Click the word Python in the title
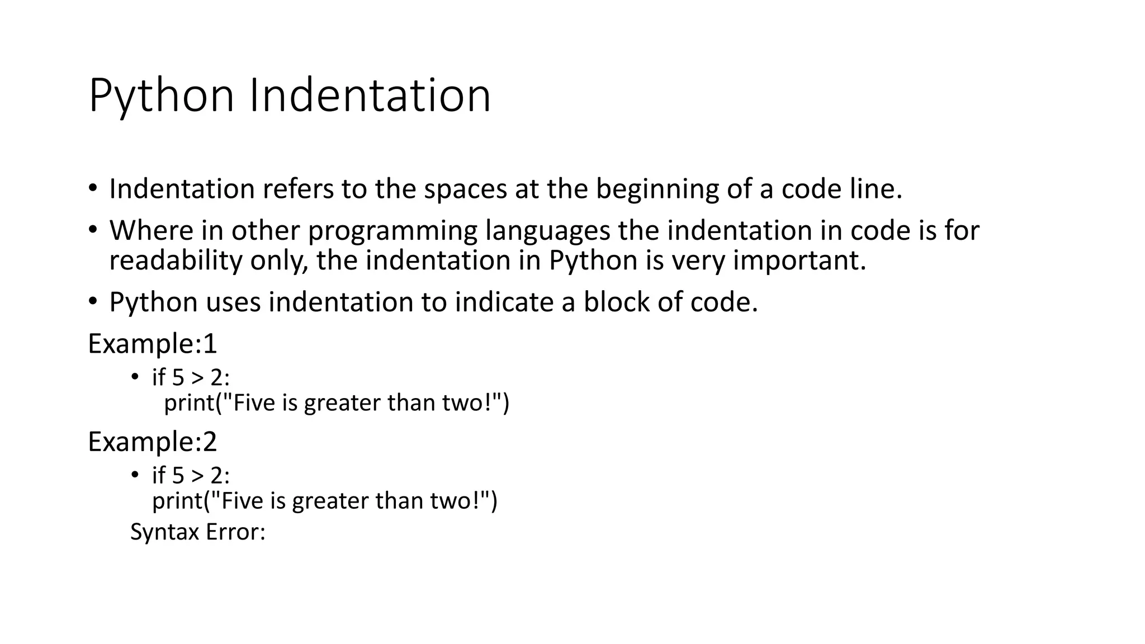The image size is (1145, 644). [161, 96]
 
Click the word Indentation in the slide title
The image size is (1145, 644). [370, 96]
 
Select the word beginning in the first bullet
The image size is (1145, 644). [657, 189]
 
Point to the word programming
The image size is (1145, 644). [392, 231]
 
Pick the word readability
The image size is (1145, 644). [176, 261]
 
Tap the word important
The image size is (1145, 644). [799, 261]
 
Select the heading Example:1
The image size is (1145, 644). [152, 343]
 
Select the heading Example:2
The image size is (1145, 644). [152, 442]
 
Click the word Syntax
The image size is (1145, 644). [165, 532]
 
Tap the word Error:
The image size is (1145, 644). [235, 532]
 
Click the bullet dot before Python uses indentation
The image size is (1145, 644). [92, 301]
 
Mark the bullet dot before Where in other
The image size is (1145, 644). [92, 230]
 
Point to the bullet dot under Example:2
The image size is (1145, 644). [134, 475]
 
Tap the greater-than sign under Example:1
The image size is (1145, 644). [197, 378]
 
